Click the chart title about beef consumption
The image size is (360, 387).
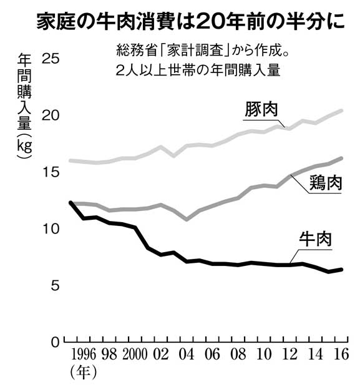tap(190, 22)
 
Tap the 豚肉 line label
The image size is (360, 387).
tap(261, 109)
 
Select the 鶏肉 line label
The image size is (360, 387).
tap(326, 183)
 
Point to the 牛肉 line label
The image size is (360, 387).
tap(315, 239)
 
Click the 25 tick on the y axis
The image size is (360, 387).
tap(51, 59)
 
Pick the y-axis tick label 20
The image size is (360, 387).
tap(51, 115)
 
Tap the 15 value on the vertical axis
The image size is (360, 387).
tap(51, 172)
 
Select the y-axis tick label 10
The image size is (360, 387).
tap(51, 229)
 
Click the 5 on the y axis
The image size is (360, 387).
tap(56, 285)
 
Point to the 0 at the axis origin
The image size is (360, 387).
tap(56, 343)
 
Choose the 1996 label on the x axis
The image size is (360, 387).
tap(84, 355)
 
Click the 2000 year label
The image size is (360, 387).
tap(135, 355)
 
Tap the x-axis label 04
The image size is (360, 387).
tap(187, 355)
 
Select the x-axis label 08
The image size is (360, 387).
tap(238, 355)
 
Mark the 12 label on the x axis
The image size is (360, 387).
tap(289, 355)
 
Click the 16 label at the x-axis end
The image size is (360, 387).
tap(341, 355)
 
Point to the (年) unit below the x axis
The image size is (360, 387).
tap(83, 373)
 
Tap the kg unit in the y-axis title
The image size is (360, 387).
tap(24, 146)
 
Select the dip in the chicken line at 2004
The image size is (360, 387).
tap(187, 219)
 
